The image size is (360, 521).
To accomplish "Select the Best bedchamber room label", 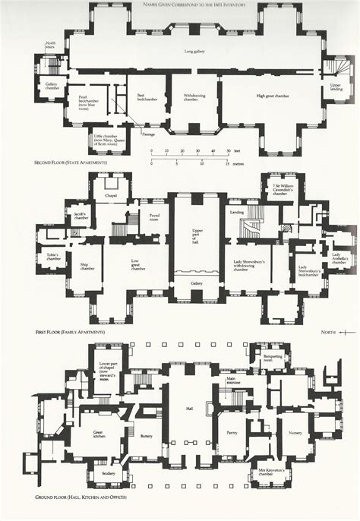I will [141, 98].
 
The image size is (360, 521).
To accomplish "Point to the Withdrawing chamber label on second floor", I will [195, 98].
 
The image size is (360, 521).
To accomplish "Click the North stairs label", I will [50, 45].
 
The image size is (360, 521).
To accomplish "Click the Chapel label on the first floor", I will [111, 195].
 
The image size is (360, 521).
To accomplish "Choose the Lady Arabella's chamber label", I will [339, 257].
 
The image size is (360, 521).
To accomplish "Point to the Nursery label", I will [295, 433].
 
